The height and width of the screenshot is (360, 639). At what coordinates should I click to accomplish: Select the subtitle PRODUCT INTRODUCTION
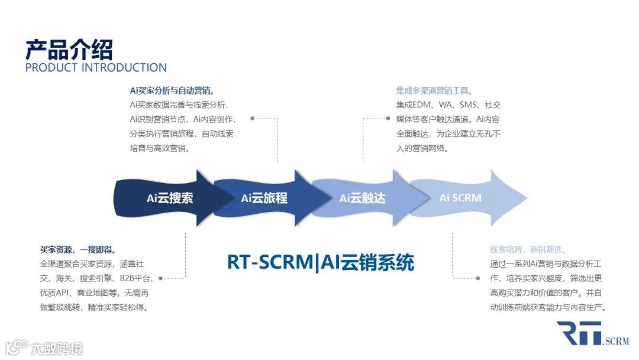pos(96,67)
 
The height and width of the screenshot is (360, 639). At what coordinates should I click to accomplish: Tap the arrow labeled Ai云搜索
pos(170,198)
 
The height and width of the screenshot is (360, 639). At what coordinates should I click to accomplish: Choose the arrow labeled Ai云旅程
pos(264,198)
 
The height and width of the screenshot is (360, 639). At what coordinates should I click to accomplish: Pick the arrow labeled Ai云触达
pos(362,198)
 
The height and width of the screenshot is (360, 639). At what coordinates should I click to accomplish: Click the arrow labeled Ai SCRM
pos(461,198)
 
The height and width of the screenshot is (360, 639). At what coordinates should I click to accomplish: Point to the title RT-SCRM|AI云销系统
pos(321,262)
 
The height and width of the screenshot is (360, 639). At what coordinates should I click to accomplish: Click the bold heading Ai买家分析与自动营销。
pos(172,91)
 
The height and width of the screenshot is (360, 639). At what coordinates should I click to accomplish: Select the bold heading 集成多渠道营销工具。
pos(434,91)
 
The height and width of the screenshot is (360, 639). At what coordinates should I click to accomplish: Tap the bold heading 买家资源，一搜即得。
pos(78,250)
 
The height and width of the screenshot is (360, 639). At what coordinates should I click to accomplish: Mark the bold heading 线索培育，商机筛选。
pos(528,250)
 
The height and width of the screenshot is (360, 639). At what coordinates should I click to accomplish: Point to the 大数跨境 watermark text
pos(57,347)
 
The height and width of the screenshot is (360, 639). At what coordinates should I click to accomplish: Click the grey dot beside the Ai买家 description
pos(253,118)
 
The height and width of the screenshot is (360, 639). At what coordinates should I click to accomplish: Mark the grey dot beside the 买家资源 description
pos(161,278)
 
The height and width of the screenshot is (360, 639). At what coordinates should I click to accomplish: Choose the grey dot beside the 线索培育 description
pos(477,278)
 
